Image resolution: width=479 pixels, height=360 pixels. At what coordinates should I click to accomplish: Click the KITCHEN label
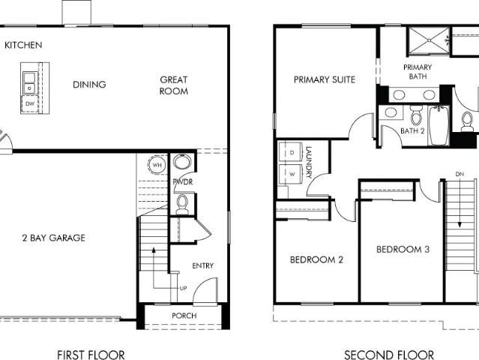click(23, 45)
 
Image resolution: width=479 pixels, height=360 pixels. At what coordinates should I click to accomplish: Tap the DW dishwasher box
click(30, 104)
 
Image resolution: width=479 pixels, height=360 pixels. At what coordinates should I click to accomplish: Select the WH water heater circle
click(157, 165)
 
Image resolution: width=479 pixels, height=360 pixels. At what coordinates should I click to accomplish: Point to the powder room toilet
click(182, 204)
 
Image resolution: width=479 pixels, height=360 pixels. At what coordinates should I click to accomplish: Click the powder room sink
click(182, 162)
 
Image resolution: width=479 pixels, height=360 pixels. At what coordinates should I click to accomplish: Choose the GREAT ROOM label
click(174, 85)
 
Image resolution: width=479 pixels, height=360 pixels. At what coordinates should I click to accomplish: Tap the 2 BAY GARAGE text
click(54, 238)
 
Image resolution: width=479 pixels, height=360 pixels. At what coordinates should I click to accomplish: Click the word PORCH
click(184, 316)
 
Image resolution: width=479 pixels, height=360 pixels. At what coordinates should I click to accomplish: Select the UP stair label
click(184, 288)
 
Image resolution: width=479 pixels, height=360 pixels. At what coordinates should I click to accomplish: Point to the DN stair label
click(460, 174)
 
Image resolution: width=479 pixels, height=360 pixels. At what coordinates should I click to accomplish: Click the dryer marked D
click(291, 152)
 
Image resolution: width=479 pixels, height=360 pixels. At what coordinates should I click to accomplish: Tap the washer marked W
click(291, 174)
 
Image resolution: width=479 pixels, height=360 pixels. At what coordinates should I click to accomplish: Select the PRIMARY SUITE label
click(325, 79)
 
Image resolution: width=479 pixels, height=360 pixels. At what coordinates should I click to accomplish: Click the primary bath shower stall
click(429, 40)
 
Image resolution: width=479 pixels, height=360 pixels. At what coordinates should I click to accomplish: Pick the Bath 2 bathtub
click(439, 125)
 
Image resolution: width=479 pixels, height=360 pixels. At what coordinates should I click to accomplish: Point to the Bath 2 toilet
click(416, 115)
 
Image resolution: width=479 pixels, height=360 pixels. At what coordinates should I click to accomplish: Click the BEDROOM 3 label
click(403, 249)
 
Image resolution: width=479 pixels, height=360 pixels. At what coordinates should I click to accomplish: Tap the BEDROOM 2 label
click(316, 259)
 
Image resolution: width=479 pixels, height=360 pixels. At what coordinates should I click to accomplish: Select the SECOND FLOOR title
click(389, 355)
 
